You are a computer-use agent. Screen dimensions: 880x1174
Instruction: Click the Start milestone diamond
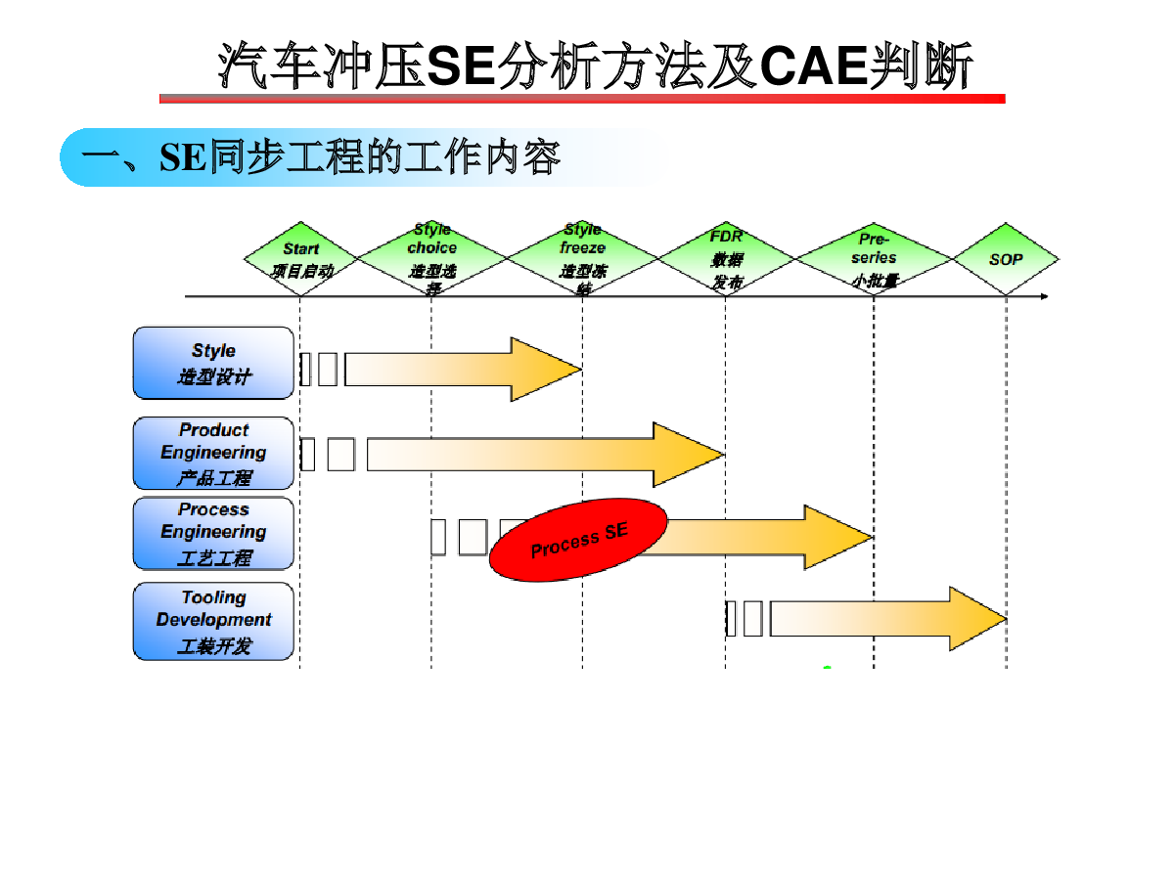coord(301,259)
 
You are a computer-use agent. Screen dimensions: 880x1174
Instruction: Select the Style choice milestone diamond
coord(431,258)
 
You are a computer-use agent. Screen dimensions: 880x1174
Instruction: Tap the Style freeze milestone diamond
coord(583,258)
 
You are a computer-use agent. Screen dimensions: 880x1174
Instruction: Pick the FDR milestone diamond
coord(726,259)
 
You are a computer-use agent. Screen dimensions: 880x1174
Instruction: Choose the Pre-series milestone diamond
coord(874,259)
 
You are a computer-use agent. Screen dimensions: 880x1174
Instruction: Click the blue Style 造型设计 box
coord(213,363)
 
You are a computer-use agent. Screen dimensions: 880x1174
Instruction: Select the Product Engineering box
coord(213,453)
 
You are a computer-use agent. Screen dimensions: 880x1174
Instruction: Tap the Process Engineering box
coord(213,533)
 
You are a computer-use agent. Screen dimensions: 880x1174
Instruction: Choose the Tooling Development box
coord(213,621)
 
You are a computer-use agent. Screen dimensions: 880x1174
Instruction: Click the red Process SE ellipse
coord(578,540)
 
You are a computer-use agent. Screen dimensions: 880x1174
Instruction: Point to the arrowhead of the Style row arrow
coord(548,369)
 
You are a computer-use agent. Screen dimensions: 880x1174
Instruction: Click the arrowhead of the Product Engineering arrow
coord(689,454)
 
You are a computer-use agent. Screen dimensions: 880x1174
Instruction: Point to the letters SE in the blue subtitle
coord(183,157)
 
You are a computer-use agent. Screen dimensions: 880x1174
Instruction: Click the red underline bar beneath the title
coord(582,99)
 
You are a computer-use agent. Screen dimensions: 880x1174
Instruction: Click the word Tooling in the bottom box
coord(213,597)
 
